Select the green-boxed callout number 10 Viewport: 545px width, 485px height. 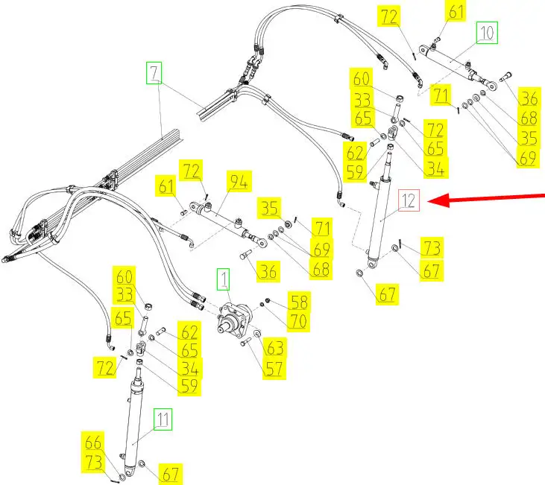point(486,33)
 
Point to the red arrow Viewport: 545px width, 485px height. point(492,197)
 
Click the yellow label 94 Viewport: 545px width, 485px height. point(240,181)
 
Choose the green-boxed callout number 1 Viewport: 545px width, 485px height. point(223,280)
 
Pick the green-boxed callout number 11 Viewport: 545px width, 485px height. point(163,419)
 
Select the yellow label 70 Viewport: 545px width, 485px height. point(298,321)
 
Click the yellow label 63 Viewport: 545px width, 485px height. point(275,348)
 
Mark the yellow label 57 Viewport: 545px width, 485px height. point(275,367)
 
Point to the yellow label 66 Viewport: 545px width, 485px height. point(94,441)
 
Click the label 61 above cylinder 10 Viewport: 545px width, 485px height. point(456,12)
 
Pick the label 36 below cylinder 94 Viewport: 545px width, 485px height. point(269,272)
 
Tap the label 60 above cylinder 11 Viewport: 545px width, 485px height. point(124,276)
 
